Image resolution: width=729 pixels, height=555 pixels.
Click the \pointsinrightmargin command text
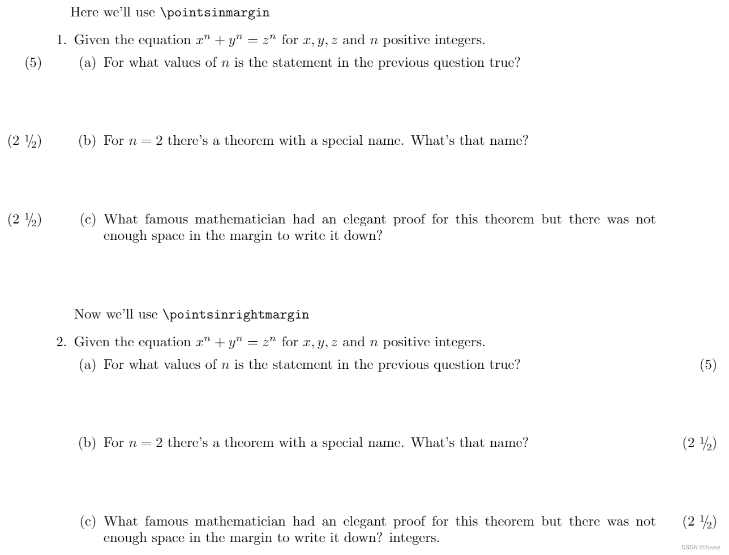click(x=235, y=315)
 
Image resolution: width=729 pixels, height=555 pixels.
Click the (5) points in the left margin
click(x=33, y=63)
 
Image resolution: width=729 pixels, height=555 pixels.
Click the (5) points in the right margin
click(x=708, y=365)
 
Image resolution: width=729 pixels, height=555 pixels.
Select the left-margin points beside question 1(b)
click(x=24, y=141)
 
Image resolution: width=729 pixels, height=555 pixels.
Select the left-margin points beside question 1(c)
click(x=24, y=220)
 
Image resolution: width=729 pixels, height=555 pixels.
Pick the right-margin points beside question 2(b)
click(x=700, y=444)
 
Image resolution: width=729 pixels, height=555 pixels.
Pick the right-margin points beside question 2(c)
click(x=700, y=522)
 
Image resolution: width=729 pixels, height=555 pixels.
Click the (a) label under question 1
click(x=87, y=63)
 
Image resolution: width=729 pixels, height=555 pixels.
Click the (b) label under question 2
click(x=87, y=443)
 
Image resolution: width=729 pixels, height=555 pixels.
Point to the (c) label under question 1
click(x=88, y=220)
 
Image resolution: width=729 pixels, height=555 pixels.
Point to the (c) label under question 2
click(x=88, y=522)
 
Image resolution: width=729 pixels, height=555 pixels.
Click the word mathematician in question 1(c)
click(x=240, y=220)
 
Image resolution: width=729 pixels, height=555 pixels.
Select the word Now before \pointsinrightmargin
click(x=87, y=315)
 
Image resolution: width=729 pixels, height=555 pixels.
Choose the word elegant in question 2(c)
click(x=365, y=522)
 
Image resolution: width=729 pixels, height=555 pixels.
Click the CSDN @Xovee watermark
click(x=701, y=548)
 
